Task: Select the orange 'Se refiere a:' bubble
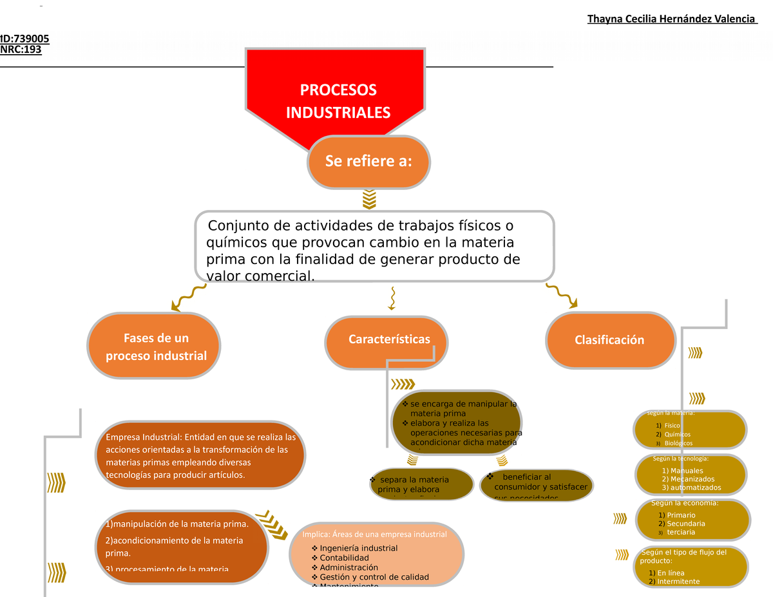pyautogui.click(x=368, y=161)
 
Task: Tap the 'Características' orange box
pyautogui.click(x=388, y=339)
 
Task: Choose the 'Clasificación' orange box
pyautogui.click(x=609, y=340)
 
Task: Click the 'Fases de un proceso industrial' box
pyautogui.click(x=155, y=346)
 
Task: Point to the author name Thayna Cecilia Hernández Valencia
pyautogui.click(x=671, y=19)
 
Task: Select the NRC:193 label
pyautogui.click(x=21, y=50)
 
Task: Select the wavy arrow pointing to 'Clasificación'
pyautogui.click(x=562, y=295)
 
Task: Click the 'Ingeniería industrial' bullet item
pyautogui.click(x=358, y=548)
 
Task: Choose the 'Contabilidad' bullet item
pyautogui.click(x=344, y=558)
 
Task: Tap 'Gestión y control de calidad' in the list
pyautogui.click(x=374, y=577)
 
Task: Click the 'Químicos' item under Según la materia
pyautogui.click(x=678, y=435)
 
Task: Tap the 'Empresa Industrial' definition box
pyautogui.click(x=200, y=456)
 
